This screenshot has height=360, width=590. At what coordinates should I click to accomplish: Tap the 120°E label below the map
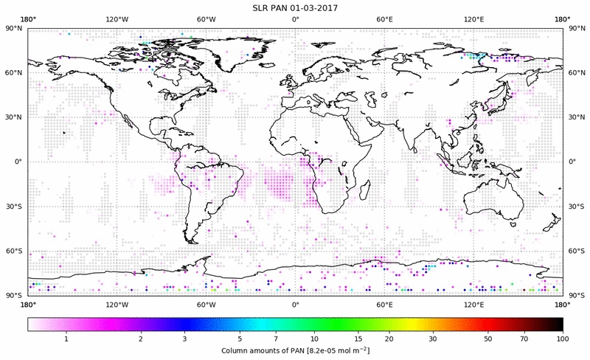tap(473, 304)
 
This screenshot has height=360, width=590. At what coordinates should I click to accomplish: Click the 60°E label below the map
tap(384, 304)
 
